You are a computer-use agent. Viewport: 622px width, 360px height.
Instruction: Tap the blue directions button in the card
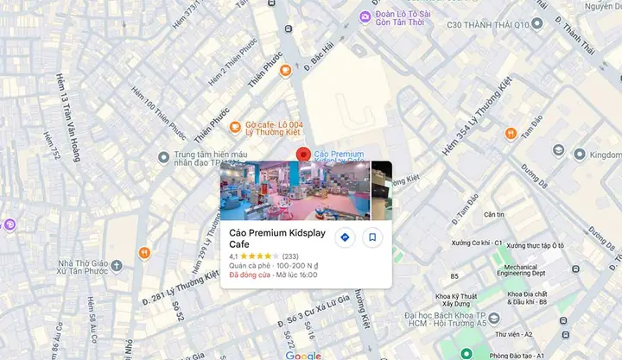(x=345, y=237)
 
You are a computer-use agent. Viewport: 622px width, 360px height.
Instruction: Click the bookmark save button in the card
(x=372, y=237)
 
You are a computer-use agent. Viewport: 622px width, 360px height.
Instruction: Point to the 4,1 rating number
(x=233, y=256)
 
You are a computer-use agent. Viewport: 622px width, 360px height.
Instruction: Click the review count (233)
(x=290, y=256)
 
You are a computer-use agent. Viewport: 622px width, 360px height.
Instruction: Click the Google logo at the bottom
(x=302, y=355)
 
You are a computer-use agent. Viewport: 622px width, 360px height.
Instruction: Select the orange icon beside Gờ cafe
(x=237, y=124)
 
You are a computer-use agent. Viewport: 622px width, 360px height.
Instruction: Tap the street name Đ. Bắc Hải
(x=319, y=59)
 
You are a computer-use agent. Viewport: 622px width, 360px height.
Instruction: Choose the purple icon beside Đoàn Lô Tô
(x=366, y=16)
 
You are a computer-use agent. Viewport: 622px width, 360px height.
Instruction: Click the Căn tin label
(x=493, y=214)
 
